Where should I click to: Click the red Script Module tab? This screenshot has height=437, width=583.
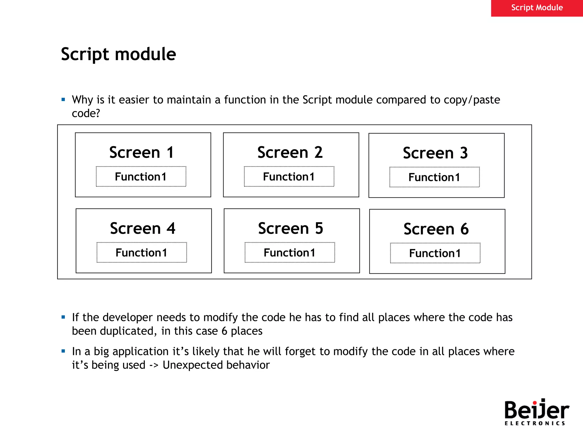point(537,8)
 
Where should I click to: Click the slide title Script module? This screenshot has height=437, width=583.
point(118,54)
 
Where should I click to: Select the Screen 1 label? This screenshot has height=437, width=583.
point(141,152)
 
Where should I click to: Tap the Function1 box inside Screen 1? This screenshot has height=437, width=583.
point(141,177)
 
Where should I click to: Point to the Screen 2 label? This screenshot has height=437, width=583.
point(290,152)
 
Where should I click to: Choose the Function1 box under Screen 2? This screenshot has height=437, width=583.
point(289,177)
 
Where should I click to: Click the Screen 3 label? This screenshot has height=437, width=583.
point(435,153)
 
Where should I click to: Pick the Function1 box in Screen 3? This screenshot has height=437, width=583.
point(434,177)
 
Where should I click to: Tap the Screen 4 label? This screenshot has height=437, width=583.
point(142,228)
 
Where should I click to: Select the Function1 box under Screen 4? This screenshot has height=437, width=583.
point(141,253)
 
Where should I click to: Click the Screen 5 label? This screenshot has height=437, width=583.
point(290,228)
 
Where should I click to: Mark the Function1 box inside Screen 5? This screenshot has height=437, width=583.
point(290,253)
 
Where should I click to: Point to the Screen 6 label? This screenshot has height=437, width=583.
point(436,229)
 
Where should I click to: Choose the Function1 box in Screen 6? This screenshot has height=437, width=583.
point(435,253)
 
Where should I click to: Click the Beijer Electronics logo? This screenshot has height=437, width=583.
point(537,412)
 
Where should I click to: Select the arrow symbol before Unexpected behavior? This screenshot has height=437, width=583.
point(154,365)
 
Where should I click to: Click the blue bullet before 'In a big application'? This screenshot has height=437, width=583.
point(63,351)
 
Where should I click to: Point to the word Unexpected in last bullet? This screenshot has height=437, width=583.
point(192,365)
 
